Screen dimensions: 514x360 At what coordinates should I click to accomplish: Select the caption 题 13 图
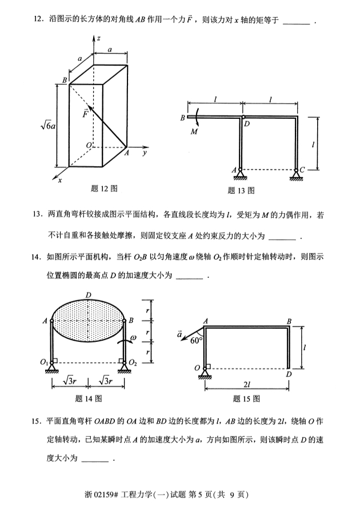tap(241, 190)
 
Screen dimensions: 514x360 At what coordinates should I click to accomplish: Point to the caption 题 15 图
tap(247, 398)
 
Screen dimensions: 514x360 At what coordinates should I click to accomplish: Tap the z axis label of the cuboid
tap(98, 38)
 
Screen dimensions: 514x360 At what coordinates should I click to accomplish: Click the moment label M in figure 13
tap(194, 132)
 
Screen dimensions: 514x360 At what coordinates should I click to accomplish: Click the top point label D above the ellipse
tap(88, 294)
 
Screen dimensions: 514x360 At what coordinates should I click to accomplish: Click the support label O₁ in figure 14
tap(43, 362)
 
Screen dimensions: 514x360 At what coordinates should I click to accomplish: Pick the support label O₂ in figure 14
tap(134, 362)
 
